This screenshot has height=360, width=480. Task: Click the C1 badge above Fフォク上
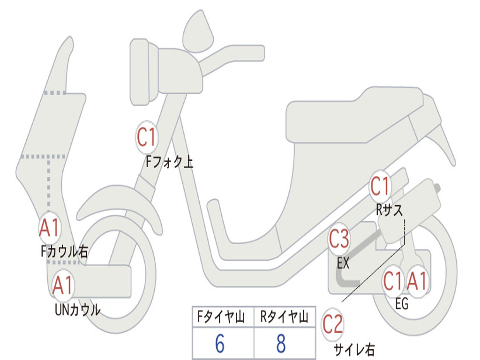[146, 137]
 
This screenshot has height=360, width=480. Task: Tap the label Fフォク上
[169, 162]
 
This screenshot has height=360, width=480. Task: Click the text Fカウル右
[64, 252]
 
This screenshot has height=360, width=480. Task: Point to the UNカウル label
[78, 310]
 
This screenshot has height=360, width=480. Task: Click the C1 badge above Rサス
[380, 187]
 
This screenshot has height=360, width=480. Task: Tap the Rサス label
[389, 210]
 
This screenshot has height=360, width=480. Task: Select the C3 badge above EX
[339, 240]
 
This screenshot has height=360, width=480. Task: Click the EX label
[343, 263]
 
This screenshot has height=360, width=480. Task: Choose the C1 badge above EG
[393, 282]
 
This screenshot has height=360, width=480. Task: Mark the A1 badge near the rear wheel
[417, 282]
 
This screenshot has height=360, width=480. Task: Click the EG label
[402, 304]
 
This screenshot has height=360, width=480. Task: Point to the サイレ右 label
[354, 349]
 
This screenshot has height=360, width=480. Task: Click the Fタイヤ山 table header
[223, 318]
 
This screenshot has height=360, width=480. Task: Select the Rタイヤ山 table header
[284, 318]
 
